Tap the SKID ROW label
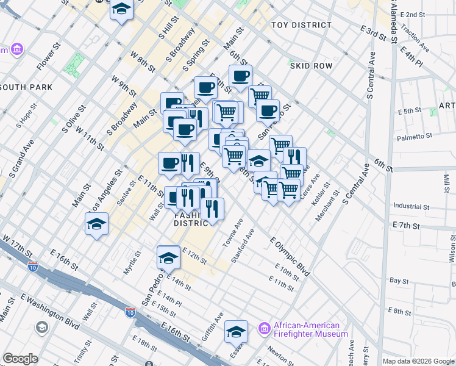(x=311, y=65)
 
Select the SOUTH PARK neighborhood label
(x=26, y=87)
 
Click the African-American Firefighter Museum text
(x=311, y=329)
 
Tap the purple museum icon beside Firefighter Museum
(x=265, y=329)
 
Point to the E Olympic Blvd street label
(x=290, y=254)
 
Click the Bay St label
(x=399, y=281)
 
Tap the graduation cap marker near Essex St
(x=236, y=332)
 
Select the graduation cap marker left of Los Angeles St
(x=97, y=224)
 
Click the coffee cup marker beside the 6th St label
(x=240, y=76)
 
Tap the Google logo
(x=20, y=359)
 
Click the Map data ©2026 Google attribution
(x=418, y=361)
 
